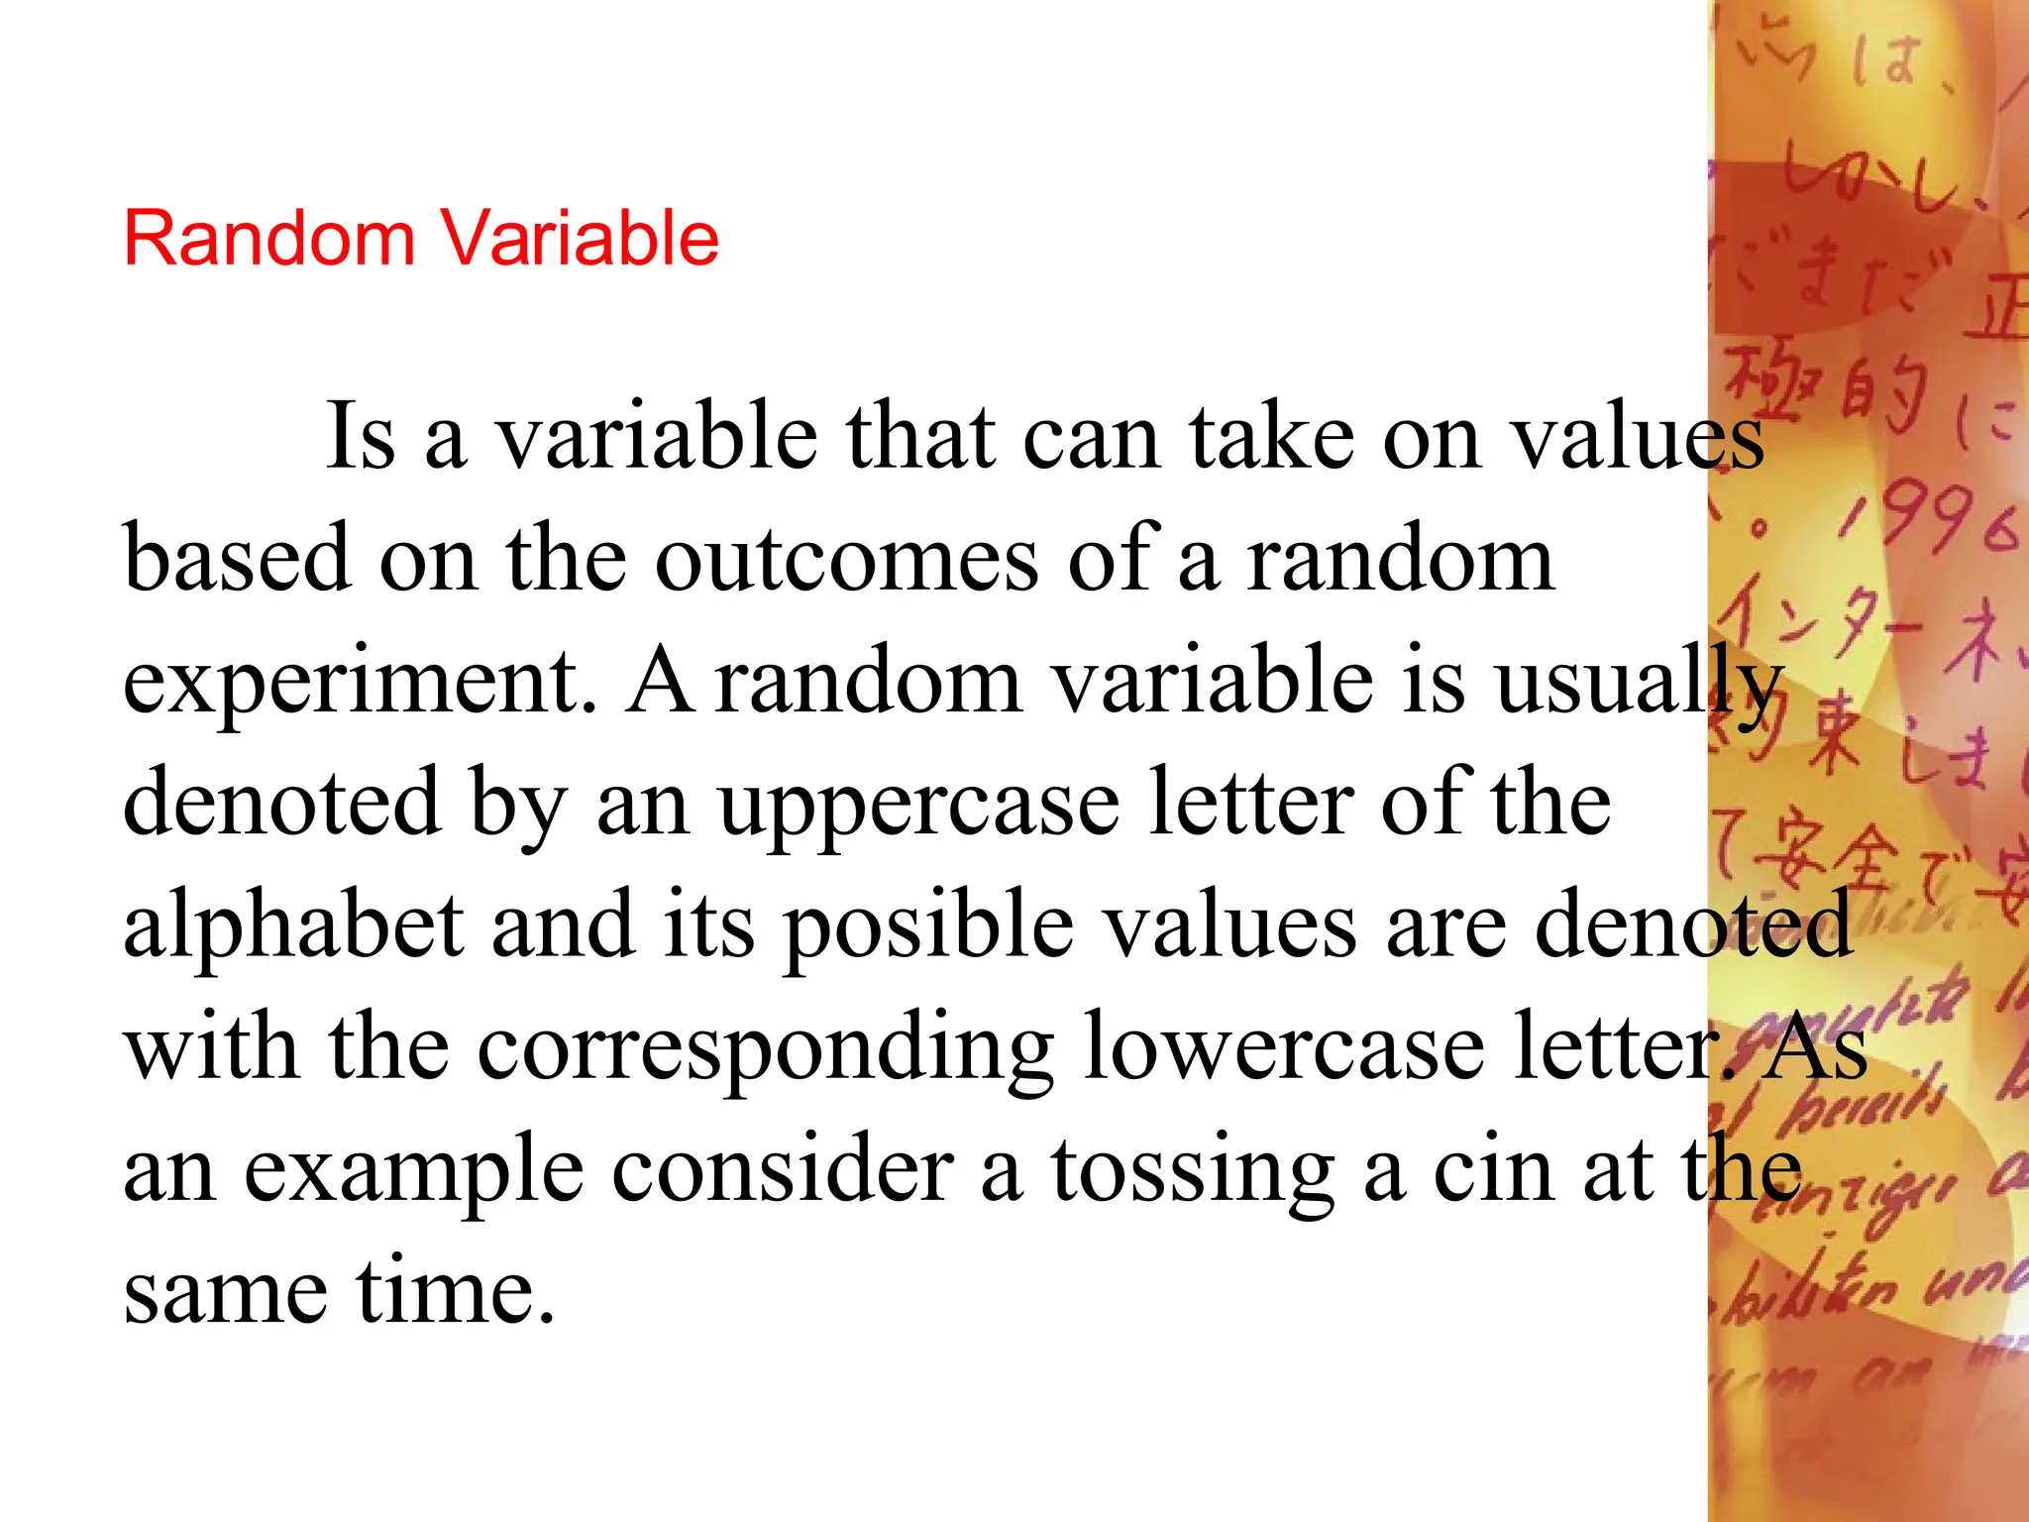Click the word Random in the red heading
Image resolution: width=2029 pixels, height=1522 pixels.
[x=268, y=239]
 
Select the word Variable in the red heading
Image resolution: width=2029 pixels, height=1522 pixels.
[x=580, y=239]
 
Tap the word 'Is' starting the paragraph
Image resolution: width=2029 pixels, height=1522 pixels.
[x=362, y=437]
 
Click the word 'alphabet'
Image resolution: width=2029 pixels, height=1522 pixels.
[x=292, y=926]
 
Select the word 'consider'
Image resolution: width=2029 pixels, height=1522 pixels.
[x=783, y=1170]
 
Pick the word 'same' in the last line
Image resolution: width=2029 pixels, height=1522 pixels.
[x=225, y=1293]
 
